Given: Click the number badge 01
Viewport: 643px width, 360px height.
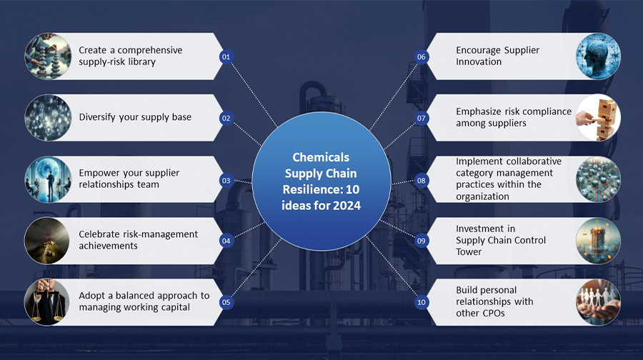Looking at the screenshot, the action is (226, 56).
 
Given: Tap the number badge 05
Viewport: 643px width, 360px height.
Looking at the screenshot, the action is (226, 302).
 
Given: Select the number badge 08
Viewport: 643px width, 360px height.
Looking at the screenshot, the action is (421, 181).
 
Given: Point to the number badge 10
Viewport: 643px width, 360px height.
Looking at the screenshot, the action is (421, 302).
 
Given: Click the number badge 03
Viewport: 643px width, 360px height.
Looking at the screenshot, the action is (226, 181).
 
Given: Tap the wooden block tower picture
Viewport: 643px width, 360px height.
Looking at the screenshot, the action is (598, 118).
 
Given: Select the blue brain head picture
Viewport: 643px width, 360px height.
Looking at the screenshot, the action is (598, 56).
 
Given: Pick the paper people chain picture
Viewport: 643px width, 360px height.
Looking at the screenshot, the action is (598, 302).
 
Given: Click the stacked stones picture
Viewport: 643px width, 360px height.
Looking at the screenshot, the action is (48, 56).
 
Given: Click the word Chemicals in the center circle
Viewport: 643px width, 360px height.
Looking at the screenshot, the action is (321, 157).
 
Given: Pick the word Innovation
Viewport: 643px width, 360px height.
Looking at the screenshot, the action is (479, 62).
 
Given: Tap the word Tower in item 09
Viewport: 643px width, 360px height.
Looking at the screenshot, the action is (468, 251).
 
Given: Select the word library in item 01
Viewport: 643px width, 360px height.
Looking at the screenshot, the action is (141, 62).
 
